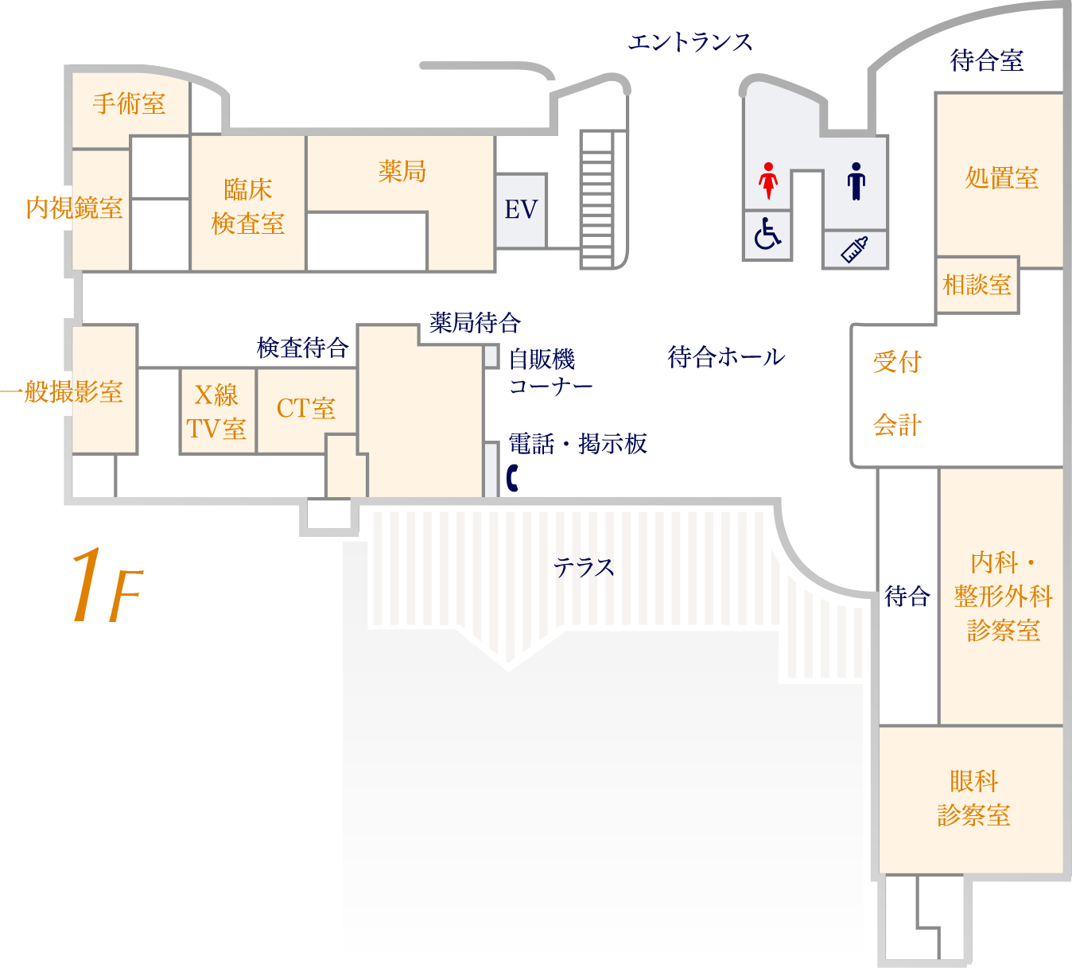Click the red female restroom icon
pyautogui.click(x=767, y=181)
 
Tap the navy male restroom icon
pyautogui.click(x=856, y=181)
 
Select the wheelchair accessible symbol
pyautogui.click(x=767, y=234)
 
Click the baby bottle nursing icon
pyautogui.click(x=854, y=250)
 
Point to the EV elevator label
pyautogui.click(x=521, y=210)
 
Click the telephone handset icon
pyautogui.click(x=513, y=479)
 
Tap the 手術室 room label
pyautogui.click(x=129, y=103)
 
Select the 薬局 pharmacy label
pyautogui.click(x=402, y=171)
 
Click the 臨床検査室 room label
pyautogui.click(x=248, y=207)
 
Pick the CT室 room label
pyautogui.click(x=305, y=409)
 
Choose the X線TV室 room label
pyautogui.click(x=216, y=412)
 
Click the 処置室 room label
pyautogui.click(x=1001, y=178)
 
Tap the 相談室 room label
pyautogui.click(x=977, y=285)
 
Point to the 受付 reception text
pyautogui.click(x=897, y=362)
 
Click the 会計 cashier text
pyautogui.click(x=897, y=426)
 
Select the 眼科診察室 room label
pyautogui.click(x=973, y=799)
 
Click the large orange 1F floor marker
pyautogui.click(x=106, y=585)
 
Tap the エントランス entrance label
pyautogui.click(x=690, y=42)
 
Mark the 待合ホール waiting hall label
pyautogui.click(x=726, y=358)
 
